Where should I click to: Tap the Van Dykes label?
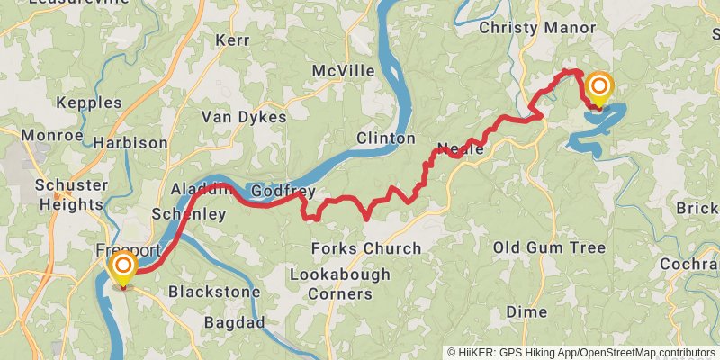(243, 117)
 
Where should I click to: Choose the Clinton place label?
(385, 139)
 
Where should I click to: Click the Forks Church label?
(365, 248)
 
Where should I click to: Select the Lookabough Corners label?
(340, 283)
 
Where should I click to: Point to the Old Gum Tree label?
(549, 247)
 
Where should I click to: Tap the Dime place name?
(526, 311)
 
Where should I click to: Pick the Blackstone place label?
(214, 292)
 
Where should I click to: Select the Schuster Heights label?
(69, 194)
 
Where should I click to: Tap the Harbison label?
(130, 143)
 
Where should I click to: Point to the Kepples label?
(88, 103)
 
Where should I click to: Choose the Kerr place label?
(231, 40)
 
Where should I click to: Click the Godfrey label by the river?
(283, 191)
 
